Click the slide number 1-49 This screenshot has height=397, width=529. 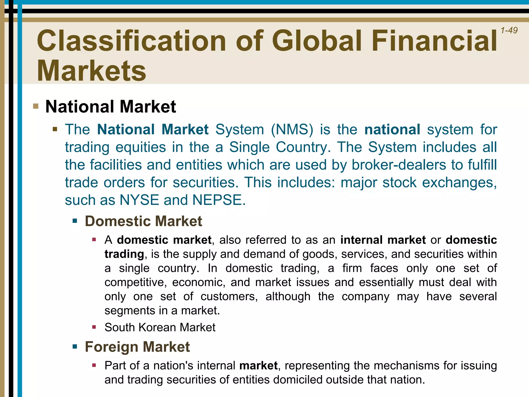click(x=509, y=30)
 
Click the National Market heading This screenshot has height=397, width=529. click(x=111, y=106)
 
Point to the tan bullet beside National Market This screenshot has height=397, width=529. click(x=36, y=106)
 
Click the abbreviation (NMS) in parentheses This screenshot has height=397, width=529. click(x=292, y=129)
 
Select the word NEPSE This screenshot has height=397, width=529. click(x=219, y=200)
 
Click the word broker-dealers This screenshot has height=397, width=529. click(x=399, y=165)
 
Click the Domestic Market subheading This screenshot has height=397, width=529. click(x=143, y=221)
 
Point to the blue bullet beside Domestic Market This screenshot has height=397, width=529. click(x=75, y=221)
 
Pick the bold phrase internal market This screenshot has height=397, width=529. click(x=383, y=240)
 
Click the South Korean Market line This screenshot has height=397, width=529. click(x=160, y=327)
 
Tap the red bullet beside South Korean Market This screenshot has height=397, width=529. click(x=94, y=327)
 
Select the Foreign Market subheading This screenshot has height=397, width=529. click(x=137, y=347)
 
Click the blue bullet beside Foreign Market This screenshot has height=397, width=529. click(x=75, y=346)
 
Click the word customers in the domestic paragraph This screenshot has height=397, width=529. click(x=229, y=296)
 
